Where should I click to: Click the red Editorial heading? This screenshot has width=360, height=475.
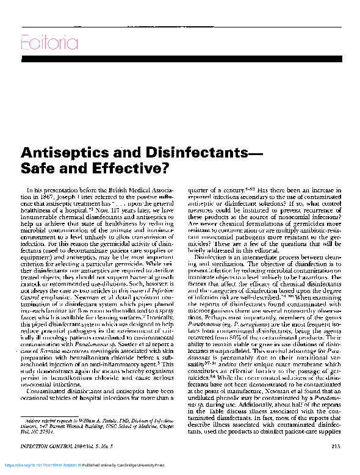49,43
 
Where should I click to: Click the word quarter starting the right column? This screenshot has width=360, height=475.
199,190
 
